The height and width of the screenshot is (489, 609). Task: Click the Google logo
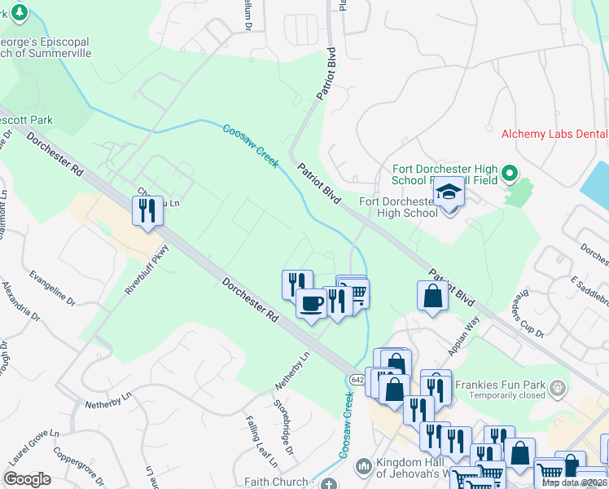(x=27, y=479)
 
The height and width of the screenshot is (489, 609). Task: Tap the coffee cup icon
(x=311, y=304)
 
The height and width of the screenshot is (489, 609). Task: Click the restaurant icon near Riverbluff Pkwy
(x=147, y=210)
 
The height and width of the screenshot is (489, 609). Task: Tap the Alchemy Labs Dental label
(x=554, y=134)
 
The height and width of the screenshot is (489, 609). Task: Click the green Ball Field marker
(x=510, y=173)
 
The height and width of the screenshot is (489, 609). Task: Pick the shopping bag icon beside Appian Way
(x=432, y=296)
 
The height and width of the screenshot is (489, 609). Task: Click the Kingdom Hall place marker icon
(x=363, y=466)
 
